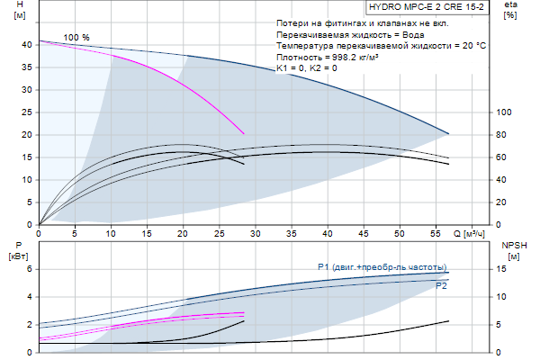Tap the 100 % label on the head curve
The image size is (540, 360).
(x=76, y=37)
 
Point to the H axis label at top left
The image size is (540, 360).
(x=8, y=10)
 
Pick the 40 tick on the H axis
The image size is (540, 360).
(x=27, y=44)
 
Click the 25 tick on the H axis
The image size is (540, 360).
(x=27, y=112)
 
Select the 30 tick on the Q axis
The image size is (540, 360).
(x=256, y=234)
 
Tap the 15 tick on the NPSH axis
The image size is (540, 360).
(x=504, y=269)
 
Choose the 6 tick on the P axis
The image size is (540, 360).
(x=29, y=269)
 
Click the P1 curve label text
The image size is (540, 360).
(x=382, y=267)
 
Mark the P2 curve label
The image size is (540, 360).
(x=441, y=286)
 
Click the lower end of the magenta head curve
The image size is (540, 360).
(x=244, y=133)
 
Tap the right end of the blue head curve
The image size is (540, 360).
(x=448, y=133)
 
